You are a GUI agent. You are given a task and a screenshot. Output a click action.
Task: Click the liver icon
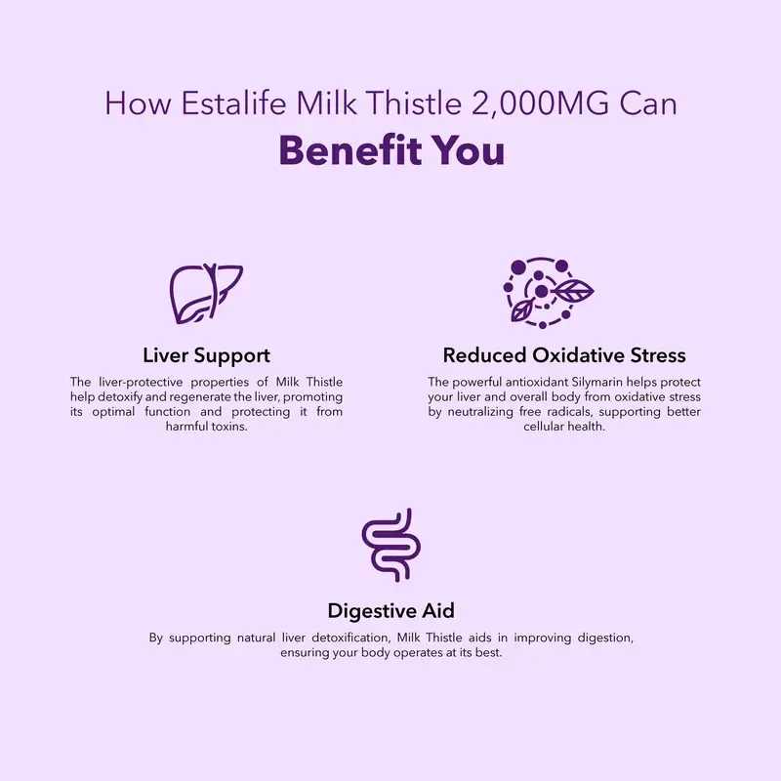click(206, 294)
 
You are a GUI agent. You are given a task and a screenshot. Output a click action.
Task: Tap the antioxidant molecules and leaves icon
click(548, 291)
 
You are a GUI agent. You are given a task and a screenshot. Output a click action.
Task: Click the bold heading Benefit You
click(391, 150)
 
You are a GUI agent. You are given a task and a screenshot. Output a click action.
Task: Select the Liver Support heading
click(206, 354)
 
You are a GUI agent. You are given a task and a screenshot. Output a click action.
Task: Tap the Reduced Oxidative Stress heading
click(564, 354)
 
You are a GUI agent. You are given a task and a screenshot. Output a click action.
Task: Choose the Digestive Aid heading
click(390, 611)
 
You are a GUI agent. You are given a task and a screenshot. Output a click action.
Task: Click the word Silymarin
click(596, 382)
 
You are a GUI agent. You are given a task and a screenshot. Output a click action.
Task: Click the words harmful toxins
click(206, 428)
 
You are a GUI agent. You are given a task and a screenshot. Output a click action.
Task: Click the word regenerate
click(213, 397)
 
